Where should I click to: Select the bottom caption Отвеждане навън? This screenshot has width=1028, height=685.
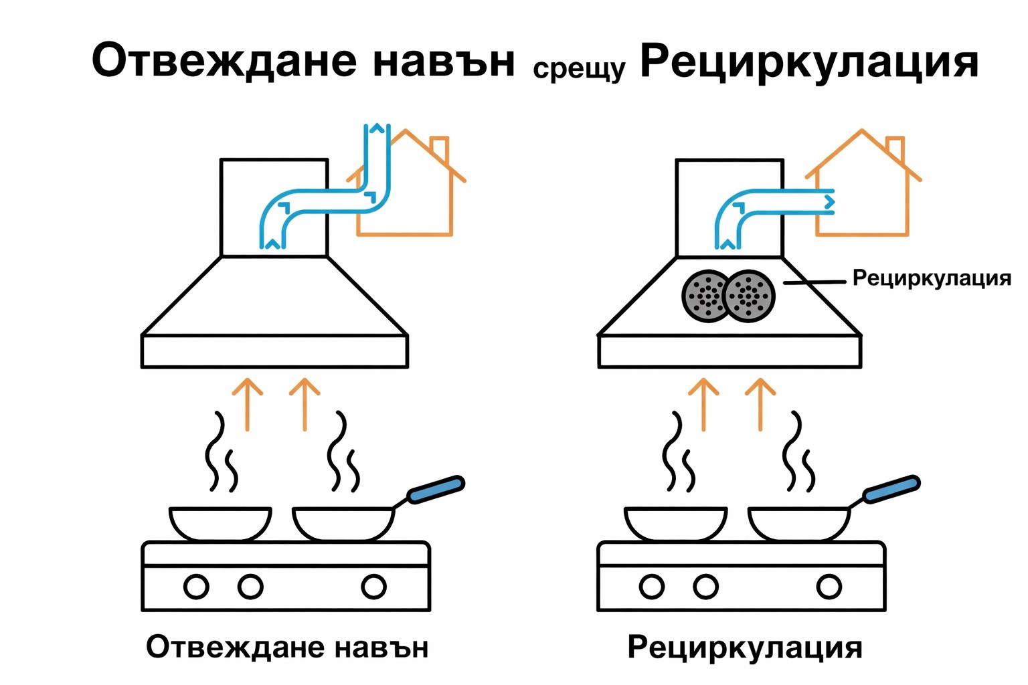[x=287, y=648]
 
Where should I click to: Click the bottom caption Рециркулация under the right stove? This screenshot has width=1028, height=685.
[x=744, y=648]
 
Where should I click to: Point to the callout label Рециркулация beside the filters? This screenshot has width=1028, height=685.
[x=931, y=278]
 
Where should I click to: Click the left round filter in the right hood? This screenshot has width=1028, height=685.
[x=706, y=296]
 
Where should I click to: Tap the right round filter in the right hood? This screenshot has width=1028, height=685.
[x=750, y=296]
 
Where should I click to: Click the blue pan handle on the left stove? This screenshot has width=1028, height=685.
[x=436, y=490]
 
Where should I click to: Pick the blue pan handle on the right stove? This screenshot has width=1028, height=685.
[x=891, y=490]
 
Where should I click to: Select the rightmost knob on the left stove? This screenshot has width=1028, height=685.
[x=373, y=587]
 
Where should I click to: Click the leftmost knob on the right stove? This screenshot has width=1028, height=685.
[x=652, y=587]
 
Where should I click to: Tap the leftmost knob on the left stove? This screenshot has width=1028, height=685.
[x=196, y=587]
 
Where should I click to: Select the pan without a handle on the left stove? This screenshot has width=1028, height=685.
[x=220, y=522]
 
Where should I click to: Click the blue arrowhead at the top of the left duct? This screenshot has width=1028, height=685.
[x=377, y=128]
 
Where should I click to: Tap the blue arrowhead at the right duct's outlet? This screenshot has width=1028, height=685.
[x=830, y=201]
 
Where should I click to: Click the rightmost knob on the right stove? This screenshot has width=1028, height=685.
[x=829, y=587]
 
